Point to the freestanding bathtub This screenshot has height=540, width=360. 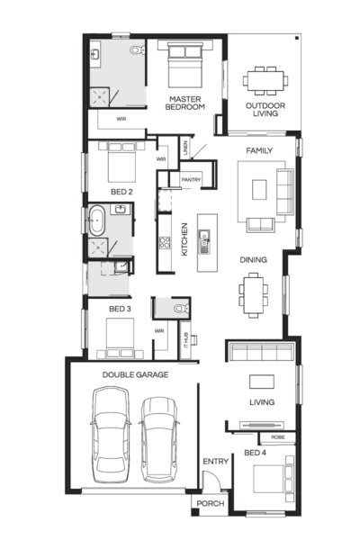coord(97,219)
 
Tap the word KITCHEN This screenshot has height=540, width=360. coord(184,239)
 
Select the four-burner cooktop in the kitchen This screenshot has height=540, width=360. coord(166,242)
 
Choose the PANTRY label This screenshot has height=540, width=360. coord(191,180)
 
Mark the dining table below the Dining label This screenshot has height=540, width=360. coord(253,292)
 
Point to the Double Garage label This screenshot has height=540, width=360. coord(135,373)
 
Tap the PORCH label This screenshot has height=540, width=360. coord(210,504)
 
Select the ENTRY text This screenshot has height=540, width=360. coord(215,462)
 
